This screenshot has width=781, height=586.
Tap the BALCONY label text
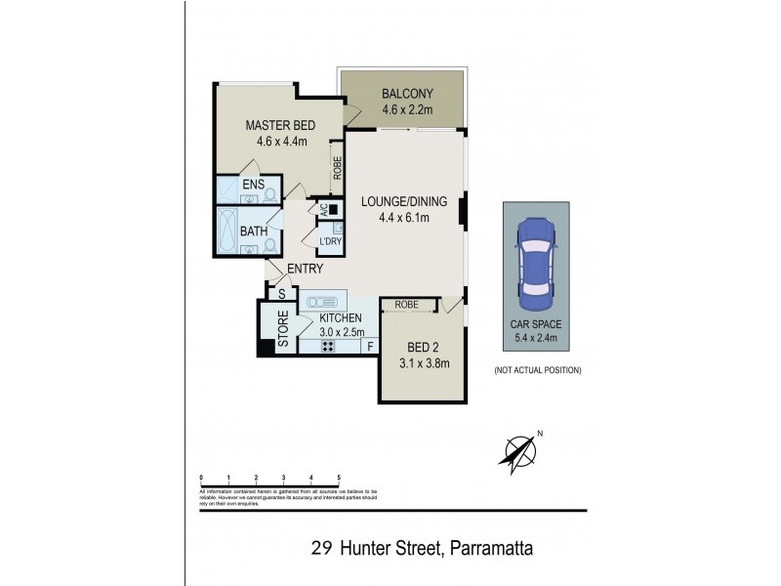click(400, 96)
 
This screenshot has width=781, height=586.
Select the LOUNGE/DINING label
click(403, 202)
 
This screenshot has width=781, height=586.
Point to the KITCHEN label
click(341, 318)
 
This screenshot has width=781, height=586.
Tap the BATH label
click(254, 231)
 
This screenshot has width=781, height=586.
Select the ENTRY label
click(305, 270)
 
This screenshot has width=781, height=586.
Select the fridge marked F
click(370, 345)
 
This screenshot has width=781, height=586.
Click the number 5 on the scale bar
click(339, 477)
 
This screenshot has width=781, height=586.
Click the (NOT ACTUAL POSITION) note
click(538, 370)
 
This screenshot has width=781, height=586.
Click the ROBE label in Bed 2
click(407, 305)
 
